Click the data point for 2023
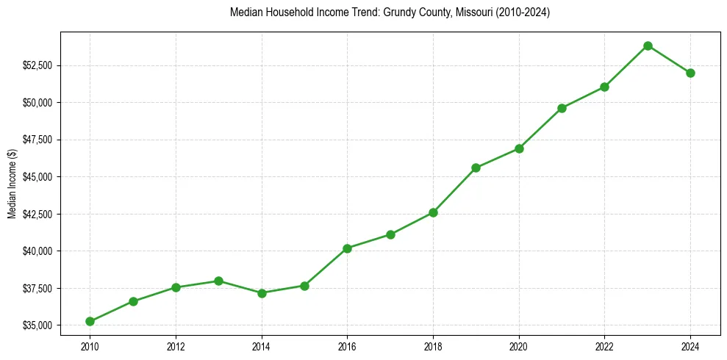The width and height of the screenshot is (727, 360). [x=648, y=46]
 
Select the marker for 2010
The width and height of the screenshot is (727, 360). [x=90, y=321]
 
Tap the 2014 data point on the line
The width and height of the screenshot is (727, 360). [x=262, y=293]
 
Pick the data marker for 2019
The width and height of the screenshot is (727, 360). [x=476, y=168]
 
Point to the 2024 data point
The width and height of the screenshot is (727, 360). [x=690, y=73]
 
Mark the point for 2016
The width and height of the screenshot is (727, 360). [x=347, y=248]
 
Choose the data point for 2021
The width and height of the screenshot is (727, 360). [x=562, y=108]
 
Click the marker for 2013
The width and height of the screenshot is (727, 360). [x=218, y=281]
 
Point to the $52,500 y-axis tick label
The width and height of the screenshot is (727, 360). [x=37, y=65]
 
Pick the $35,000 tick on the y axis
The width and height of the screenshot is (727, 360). [x=37, y=325]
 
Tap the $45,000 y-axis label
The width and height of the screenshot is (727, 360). [x=37, y=177]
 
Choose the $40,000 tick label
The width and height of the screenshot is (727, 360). [x=37, y=251]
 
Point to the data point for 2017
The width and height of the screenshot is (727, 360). [x=390, y=234]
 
